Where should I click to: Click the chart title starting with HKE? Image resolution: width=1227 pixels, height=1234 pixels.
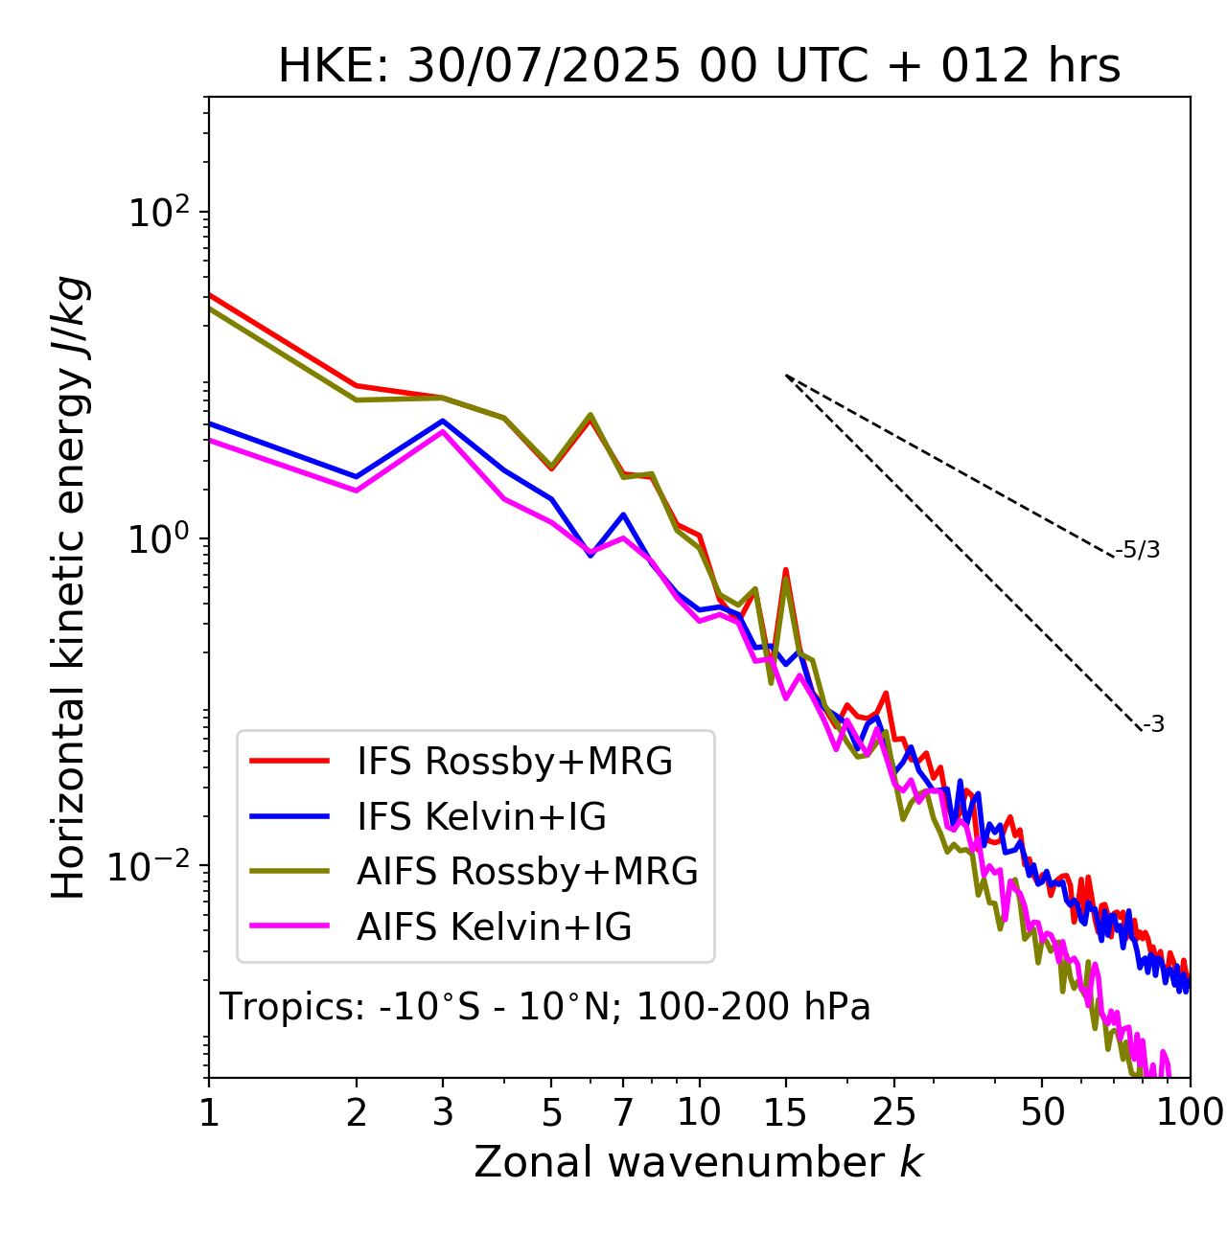[699, 67]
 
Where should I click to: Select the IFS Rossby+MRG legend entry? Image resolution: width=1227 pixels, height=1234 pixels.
[514, 761]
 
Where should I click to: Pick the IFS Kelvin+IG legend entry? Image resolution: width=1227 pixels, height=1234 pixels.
[481, 816]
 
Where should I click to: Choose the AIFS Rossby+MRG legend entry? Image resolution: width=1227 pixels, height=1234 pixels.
[527, 871]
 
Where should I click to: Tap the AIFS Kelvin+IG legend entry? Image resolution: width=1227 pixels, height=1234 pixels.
[494, 926]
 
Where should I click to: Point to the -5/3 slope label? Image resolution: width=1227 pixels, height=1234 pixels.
[1138, 550]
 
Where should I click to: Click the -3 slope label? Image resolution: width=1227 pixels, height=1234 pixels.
[1153, 724]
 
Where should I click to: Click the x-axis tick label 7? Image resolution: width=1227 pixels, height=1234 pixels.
[623, 1112]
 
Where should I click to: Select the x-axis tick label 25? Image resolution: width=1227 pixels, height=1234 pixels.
[894, 1112]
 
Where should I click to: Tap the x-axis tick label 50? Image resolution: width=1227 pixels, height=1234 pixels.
[1042, 1112]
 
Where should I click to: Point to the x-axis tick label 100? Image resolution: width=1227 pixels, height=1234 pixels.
[1190, 1112]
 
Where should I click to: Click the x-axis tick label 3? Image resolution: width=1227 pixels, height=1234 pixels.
[443, 1112]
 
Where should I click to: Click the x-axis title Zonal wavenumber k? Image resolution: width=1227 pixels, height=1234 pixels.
[699, 1162]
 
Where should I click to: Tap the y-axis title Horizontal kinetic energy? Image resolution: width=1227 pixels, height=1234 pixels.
[69, 587]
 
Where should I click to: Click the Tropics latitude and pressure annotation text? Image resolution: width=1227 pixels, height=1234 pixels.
[545, 1007]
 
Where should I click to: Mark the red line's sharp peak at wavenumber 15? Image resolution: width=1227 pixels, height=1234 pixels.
[786, 570]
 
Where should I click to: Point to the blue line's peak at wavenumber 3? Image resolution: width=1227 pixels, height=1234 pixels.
[443, 421]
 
